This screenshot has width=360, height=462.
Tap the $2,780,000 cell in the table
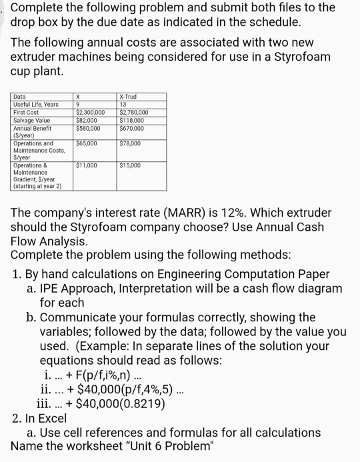135,113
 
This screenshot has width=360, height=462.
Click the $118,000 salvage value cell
131,120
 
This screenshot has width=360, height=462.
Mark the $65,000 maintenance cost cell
87,143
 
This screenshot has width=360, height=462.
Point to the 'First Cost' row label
27,113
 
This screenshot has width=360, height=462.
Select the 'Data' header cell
20,97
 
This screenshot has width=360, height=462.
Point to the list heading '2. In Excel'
40,418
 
